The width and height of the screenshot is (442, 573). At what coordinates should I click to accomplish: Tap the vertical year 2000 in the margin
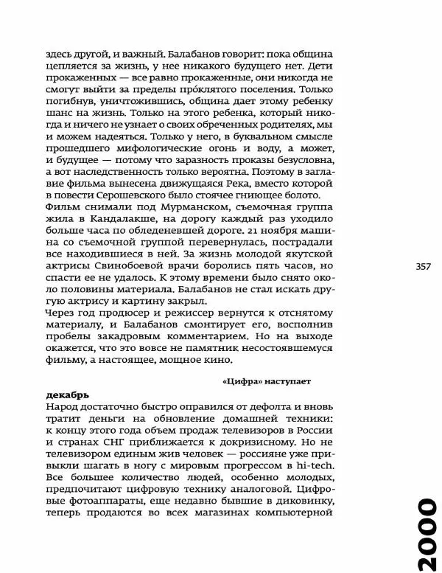coord(423,535)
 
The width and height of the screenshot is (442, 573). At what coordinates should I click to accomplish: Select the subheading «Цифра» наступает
coord(267,382)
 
